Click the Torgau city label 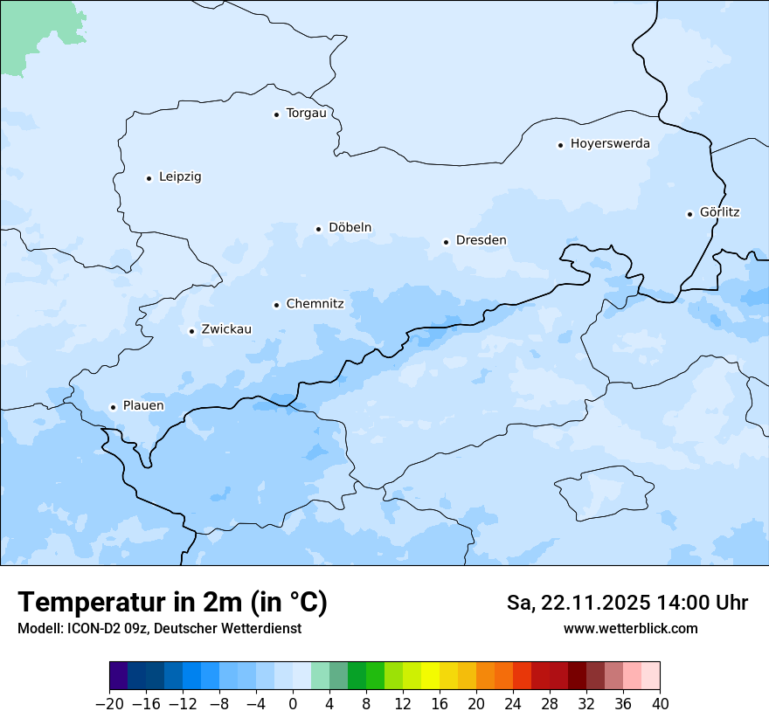(x=306, y=113)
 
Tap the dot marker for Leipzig (x=149, y=178)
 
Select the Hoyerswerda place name (x=610, y=143)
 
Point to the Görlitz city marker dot (x=689, y=214)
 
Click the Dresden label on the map (x=481, y=240)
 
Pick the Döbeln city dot (x=319, y=229)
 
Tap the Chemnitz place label (x=315, y=304)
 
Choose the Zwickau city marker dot (x=191, y=331)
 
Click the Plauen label (x=142, y=405)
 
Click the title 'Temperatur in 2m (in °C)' (x=173, y=602)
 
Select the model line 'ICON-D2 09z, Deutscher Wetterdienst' (x=159, y=628)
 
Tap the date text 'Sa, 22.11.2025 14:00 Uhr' (x=627, y=603)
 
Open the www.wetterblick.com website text (x=630, y=628)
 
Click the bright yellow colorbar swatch (x=430, y=676)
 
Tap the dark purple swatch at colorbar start (x=118, y=676)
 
